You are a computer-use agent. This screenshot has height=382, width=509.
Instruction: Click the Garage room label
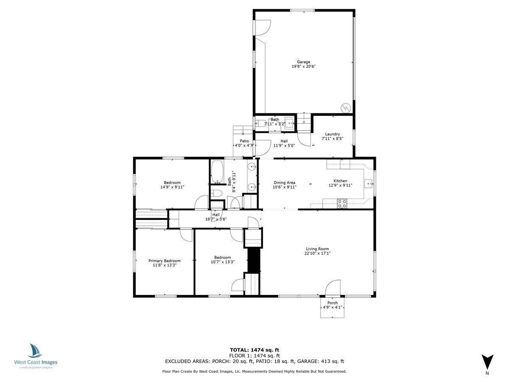click(303, 62)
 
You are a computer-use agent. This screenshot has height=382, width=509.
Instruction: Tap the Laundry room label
click(332, 134)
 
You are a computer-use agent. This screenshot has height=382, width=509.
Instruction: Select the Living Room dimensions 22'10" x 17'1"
click(317, 253)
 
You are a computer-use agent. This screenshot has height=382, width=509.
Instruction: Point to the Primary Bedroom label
click(165, 261)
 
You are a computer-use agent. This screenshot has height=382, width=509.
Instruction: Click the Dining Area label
click(284, 183)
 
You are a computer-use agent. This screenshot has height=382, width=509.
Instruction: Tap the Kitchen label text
click(340, 181)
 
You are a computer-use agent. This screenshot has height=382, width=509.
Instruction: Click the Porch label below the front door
click(332, 303)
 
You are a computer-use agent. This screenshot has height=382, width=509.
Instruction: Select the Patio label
click(244, 141)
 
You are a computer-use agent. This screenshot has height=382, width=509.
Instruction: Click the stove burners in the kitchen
click(342, 204)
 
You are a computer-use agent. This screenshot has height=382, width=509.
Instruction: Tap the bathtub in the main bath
click(217, 172)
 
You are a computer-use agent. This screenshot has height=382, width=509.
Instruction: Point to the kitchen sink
click(368, 183)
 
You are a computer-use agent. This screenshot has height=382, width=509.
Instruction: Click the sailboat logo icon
click(35, 351)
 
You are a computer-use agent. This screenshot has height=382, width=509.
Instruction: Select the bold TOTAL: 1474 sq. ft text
click(255, 350)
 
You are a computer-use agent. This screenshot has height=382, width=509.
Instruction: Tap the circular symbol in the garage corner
click(346, 108)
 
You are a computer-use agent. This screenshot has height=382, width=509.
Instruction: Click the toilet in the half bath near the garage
click(261, 123)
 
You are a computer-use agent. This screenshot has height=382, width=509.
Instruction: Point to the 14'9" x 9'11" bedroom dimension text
click(172, 187)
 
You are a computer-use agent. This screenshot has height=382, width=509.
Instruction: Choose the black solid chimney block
click(254, 260)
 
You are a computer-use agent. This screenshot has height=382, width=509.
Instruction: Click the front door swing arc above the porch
click(333, 288)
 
